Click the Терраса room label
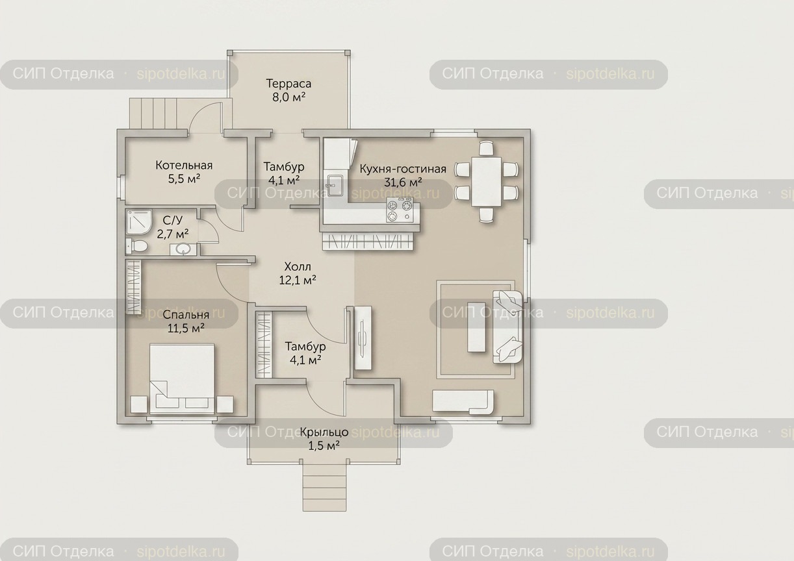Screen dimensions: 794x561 [288, 84]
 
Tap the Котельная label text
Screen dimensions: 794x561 [184, 166]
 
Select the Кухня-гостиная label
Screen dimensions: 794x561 [403, 169]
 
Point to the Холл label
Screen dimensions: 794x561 [298, 266]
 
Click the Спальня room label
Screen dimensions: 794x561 [186, 314]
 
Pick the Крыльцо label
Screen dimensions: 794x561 [324, 432]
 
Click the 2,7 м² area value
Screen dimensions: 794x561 [173, 234]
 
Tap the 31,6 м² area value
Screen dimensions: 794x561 [403, 182]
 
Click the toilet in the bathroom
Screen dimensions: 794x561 [136, 245]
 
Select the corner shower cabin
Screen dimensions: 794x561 [139, 221]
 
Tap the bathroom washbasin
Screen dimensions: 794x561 [183, 249]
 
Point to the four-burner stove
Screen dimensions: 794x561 [400, 210]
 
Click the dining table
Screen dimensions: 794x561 [486, 182]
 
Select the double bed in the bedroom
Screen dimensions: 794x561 [182, 379]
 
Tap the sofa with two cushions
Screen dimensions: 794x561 [507, 327]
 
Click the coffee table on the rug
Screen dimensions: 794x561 [476, 327]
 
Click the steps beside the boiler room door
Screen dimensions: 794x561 [153, 114]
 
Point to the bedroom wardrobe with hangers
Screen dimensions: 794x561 [134, 287]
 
